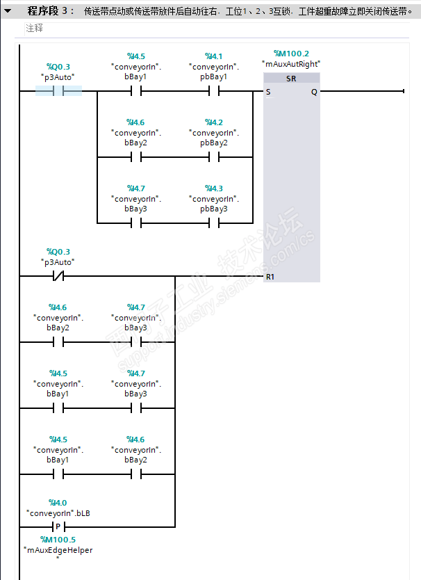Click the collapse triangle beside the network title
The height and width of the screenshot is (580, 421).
(x=8, y=11)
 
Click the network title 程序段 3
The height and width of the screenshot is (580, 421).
(x=51, y=11)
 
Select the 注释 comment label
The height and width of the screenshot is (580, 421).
(x=34, y=28)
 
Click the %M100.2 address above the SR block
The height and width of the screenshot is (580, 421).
(x=291, y=54)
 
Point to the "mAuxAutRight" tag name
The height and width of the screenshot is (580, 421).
(x=291, y=63)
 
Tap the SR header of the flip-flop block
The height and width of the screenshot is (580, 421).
(x=291, y=79)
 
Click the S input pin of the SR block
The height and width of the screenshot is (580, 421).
(x=268, y=91)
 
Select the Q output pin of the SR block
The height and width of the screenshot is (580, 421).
(x=314, y=91)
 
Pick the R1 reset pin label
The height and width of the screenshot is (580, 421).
(x=270, y=277)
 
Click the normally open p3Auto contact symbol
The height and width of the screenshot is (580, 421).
(x=58, y=91)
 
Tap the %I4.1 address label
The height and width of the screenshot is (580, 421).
(x=214, y=56)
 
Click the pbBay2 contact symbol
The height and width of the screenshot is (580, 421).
(x=214, y=157)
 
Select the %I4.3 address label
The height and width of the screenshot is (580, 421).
(x=214, y=188)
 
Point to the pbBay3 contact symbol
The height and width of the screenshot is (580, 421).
(x=214, y=223)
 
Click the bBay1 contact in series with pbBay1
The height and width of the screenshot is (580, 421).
(x=136, y=91)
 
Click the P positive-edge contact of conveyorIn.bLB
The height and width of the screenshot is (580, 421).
(x=58, y=526)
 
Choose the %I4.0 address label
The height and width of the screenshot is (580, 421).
(x=58, y=502)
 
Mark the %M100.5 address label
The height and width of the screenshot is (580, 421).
(x=58, y=540)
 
